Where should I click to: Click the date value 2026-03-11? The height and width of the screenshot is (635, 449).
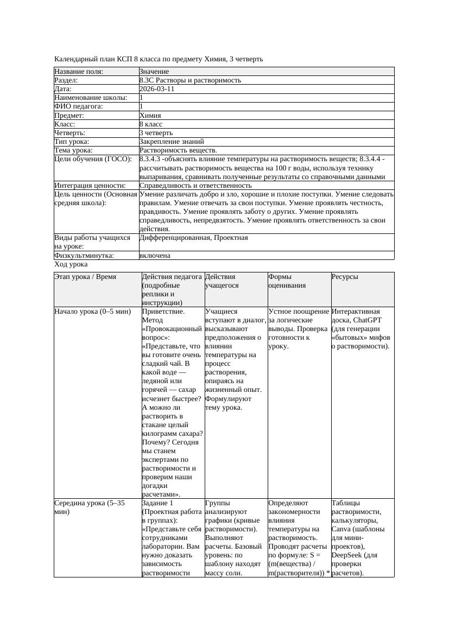click(157, 89)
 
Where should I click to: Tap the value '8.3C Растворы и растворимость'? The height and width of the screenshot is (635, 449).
click(190, 80)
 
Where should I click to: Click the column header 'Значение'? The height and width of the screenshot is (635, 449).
click(154, 72)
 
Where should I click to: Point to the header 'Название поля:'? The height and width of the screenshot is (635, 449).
click(79, 72)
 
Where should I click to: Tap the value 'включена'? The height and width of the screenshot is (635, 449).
click(155, 255)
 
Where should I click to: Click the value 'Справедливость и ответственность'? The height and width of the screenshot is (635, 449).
click(195, 186)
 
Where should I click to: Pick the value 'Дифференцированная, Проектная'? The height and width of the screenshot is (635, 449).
click(193, 238)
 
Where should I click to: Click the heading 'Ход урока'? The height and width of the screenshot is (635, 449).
click(71, 264)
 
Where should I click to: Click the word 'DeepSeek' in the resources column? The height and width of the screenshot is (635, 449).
click(347, 555)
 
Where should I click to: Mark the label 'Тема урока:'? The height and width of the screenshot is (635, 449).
click(74, 150)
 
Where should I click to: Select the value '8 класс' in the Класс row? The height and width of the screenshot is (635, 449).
click(151, 124)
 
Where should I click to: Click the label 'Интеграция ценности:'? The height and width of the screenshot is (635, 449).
click(90, 186)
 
